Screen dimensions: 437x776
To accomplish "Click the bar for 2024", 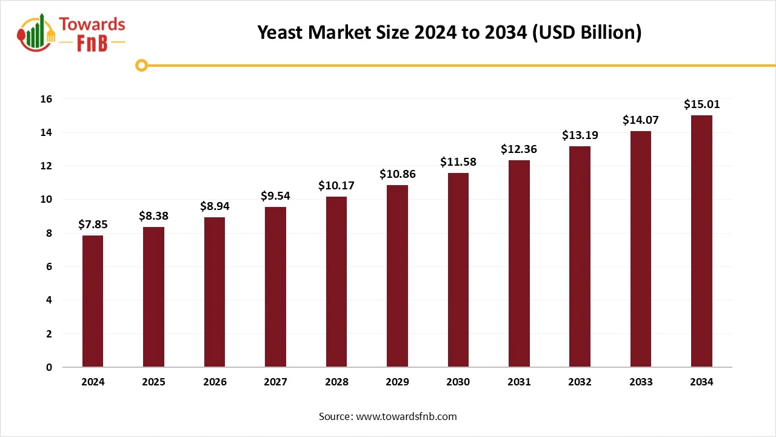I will pos(93,301).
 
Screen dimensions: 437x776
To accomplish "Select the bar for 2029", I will pos(397,276).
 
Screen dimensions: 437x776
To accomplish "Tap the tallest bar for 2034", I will pos(701,241).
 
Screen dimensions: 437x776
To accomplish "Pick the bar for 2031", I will pos(519,263).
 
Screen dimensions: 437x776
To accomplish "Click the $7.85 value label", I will pos(93,225).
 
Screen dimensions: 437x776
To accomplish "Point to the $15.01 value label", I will pos(701,104).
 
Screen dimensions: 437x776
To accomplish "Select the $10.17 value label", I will pos(336,186).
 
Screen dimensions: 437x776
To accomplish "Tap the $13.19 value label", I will pos(580,135).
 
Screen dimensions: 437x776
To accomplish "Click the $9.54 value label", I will pos(275,196).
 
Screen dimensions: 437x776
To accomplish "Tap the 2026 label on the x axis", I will pos(215,382).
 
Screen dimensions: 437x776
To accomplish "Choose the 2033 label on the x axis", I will pos(641,382).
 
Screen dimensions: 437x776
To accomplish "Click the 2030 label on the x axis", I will pos(458,382).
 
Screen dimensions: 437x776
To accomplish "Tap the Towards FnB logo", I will pos(72,33).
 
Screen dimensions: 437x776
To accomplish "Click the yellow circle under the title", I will pos(141,66).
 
